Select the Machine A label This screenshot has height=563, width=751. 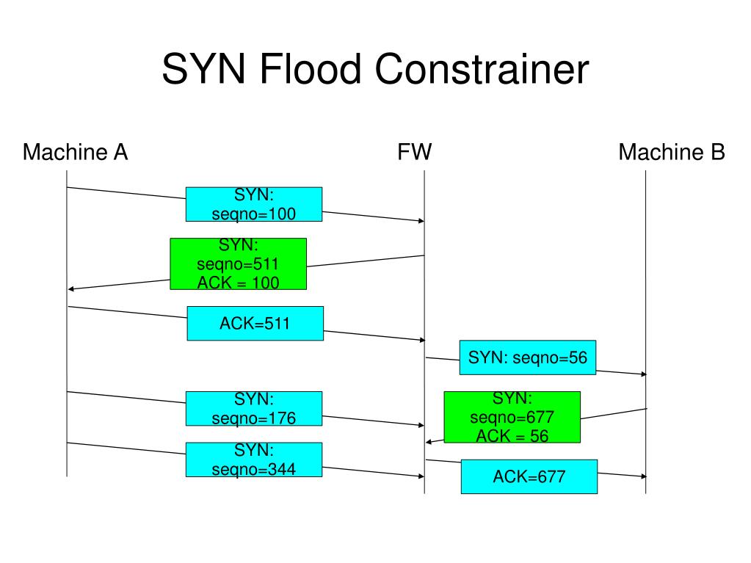click(75, 152)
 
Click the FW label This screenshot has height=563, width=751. click(414, 152)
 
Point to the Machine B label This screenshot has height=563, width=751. click(672, 152)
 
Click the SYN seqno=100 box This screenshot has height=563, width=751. click(254, 204)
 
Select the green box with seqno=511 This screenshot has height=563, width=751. click(238, 264)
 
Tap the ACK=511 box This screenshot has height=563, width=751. click(255, 324)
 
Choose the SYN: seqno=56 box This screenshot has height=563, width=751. click(528, 357)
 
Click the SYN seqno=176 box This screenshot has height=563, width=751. click(254, 409)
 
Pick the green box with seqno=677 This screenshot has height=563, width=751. click(512, 417)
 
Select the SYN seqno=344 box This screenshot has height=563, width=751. click(254, 460)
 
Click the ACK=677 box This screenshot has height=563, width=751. click(529, 477)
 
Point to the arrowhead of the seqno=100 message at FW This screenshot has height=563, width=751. click(421, 221)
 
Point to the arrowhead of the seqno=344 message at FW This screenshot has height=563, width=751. click(421, 476)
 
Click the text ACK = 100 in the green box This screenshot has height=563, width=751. click(238, 283)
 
